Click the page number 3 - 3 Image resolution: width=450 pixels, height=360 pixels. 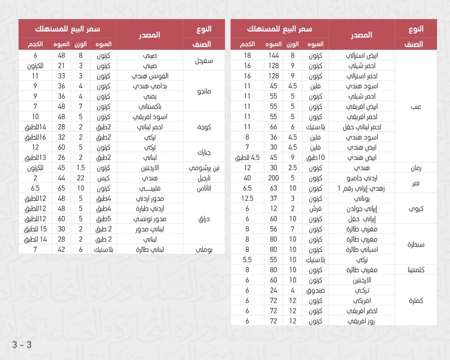22,345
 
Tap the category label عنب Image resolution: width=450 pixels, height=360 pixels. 416,107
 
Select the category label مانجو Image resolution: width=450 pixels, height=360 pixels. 204,91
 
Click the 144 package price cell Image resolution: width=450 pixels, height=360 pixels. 273,55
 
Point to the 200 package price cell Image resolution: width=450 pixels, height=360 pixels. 273,178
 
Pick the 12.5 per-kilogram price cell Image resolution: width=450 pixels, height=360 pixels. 247,198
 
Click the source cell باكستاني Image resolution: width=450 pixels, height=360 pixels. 150,106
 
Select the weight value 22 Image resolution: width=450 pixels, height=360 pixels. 81,178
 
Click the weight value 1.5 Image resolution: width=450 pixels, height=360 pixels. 81,168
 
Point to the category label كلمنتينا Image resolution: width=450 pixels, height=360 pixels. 416,270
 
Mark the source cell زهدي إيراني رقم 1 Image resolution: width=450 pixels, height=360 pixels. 361,188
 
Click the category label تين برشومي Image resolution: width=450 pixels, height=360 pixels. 204,168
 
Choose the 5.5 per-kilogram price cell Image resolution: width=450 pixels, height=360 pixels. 247,259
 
